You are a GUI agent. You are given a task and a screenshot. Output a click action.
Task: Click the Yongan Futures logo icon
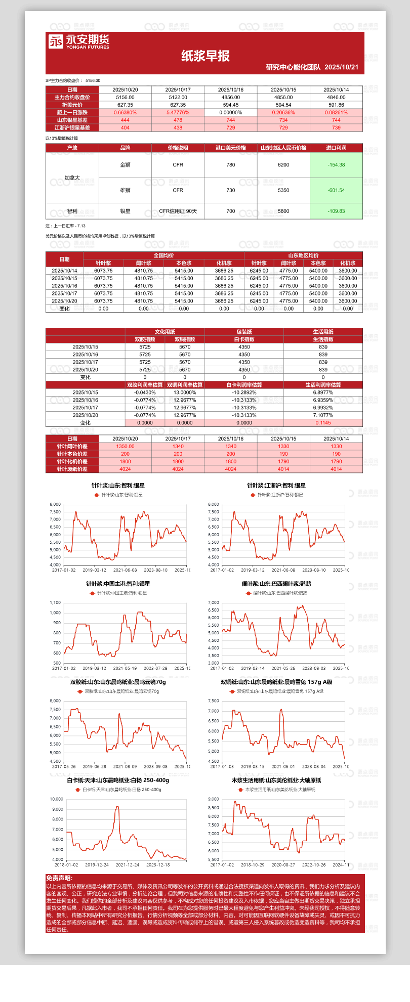tap(56, 41)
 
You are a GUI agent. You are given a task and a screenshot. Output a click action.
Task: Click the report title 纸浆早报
tap(205, 56)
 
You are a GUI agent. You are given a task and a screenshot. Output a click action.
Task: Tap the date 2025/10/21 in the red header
tap(341, 67)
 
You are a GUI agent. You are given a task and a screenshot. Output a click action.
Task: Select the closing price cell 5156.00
tap(125, 97)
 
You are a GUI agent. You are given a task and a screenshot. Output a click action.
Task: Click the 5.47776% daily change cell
tap(178, 112)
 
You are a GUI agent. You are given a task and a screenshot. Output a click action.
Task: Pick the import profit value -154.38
tap(336, 165)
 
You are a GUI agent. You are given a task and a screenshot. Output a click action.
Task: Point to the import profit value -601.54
tap(336, 190)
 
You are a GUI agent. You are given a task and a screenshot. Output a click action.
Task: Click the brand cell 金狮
tap(125, 165)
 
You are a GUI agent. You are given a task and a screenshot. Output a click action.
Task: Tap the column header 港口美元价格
tap(231, 148)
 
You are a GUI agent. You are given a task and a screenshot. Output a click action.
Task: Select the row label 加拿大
tap(72, 178)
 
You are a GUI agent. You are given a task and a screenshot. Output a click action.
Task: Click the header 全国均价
tap(163, 255)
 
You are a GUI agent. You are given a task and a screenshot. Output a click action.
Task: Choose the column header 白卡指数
tap(244, 339)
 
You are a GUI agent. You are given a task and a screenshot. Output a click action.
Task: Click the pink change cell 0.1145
tap(323, 423)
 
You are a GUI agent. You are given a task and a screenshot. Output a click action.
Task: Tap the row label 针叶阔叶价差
tap(72, 446)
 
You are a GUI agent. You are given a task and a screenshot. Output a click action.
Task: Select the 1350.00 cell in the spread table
tap(125, 446)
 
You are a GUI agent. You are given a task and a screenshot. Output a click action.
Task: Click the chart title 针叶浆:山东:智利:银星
tap(117, 486)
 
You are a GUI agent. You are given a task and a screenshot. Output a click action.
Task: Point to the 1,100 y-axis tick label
tap(55, 602)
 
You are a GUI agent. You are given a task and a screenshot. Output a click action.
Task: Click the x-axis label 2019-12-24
tap(97, 865)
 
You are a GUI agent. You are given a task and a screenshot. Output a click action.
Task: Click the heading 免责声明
tap(59, 878)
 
